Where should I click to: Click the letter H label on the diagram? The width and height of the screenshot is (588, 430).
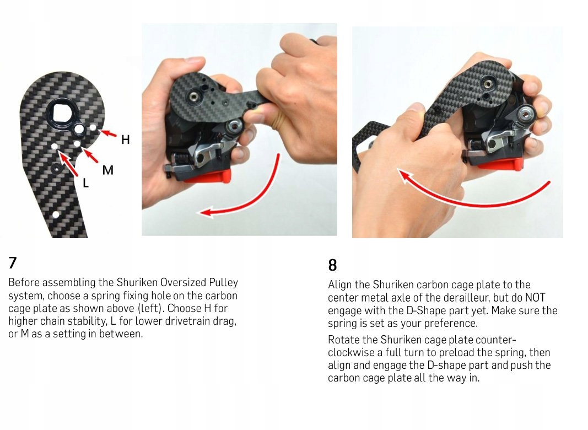pyautogui.click(x=126, y=139)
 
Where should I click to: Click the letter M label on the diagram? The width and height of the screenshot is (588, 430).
pyautogui.click(x=108, y=170)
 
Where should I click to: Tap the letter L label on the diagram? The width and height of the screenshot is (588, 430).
pyautogui.click(x=86, y=183)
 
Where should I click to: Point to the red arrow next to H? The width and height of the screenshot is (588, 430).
pyautogui.click(x=108, y=133)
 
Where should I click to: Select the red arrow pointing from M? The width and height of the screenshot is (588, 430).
pyautogui.click(x=90, y=155)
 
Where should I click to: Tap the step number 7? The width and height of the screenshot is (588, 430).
pyautogui.click(x=13, y=262)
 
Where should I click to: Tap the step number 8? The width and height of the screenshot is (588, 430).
pyautogui.click(x=332, y=265)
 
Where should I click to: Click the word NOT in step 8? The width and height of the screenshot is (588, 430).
pyautogui.click(x=535, y=298)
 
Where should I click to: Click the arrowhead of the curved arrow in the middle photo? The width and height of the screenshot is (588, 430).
pyautogui.click(x=206, y=212)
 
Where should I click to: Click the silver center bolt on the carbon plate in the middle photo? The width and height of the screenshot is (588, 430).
pyautogui.click(x=193, y=97)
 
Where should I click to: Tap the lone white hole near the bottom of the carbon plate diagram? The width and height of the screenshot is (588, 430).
pyautogui.click(x=56, y=214)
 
